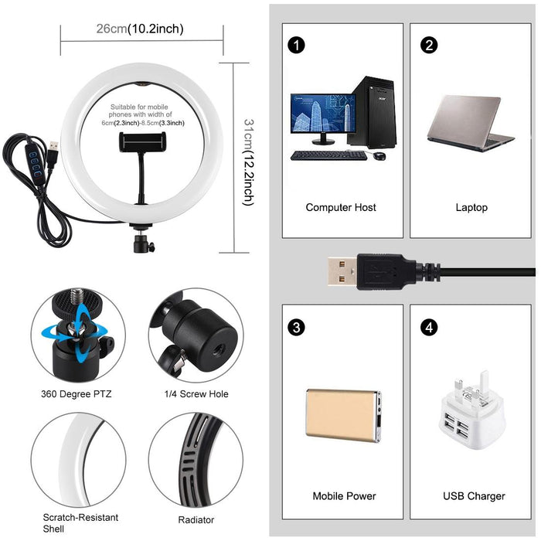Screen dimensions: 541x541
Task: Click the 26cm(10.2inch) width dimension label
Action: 140,29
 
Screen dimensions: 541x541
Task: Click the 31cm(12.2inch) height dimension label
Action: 248,162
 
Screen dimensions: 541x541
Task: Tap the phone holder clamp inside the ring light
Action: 145,141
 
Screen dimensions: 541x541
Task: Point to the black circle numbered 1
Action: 294,44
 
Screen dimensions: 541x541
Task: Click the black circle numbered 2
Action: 429,44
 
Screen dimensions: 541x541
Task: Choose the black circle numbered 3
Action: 294,327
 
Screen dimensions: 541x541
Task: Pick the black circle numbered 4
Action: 429,327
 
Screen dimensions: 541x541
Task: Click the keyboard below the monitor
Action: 328,155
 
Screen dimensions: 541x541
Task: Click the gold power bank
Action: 343,414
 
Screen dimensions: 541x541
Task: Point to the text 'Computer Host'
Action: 341,207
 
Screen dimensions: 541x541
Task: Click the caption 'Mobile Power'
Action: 344,496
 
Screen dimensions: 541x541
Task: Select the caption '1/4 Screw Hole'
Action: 196,394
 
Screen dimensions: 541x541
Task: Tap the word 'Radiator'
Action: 196,520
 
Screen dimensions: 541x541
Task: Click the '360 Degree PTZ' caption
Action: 77,394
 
